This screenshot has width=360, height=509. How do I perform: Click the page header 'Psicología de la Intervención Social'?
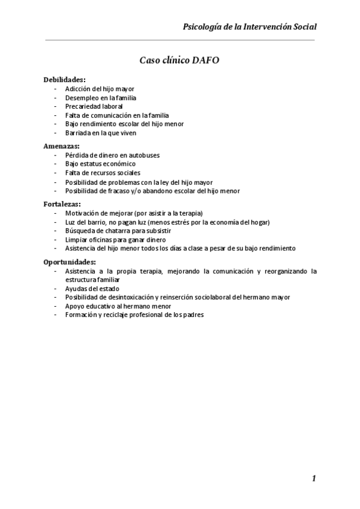pos(250,27)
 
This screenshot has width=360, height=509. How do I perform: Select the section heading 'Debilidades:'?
pos(64,80)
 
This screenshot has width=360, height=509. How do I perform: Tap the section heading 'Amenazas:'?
pos(61,146)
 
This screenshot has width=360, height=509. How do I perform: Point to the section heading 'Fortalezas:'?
pos(61,204)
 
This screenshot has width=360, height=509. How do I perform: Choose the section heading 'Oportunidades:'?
pos(70,262)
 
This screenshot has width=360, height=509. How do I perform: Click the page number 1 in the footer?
pos(314,478)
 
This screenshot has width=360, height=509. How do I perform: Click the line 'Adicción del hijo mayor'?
pos(100,89)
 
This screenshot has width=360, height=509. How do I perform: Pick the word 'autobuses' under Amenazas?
pos(145,155)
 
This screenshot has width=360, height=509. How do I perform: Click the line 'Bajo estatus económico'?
pos(100,164)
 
